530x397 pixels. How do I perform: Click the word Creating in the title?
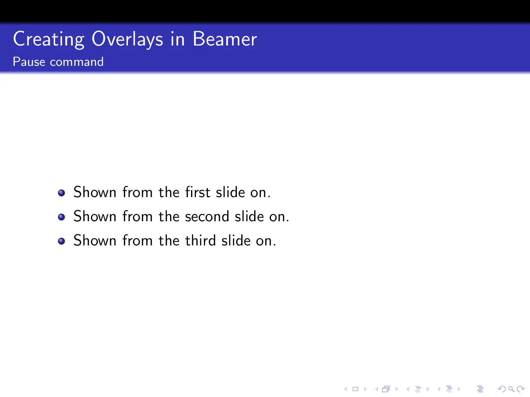[49, 39]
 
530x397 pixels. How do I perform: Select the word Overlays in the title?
[127, 39]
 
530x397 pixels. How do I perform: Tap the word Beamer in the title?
[225, 39]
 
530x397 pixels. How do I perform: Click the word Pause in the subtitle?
[29, 62]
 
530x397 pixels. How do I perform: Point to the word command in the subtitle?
[77, 62]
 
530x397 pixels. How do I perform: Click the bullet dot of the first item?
[62, 193]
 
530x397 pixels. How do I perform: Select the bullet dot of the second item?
[62, 217]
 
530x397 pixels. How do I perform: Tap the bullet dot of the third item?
[62, 241]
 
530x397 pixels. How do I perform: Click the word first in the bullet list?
[198, 192]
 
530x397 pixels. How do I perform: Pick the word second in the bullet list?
[207, 217]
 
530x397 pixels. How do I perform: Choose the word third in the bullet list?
[200, 241]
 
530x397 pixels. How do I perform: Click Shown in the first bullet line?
[95, 192]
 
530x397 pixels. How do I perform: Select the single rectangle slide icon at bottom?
[355, 389]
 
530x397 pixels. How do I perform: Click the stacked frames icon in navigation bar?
[386, 389]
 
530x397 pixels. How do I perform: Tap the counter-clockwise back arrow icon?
[502, 389]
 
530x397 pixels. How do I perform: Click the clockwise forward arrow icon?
[521, 389]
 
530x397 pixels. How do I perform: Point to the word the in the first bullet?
[169, 192]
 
